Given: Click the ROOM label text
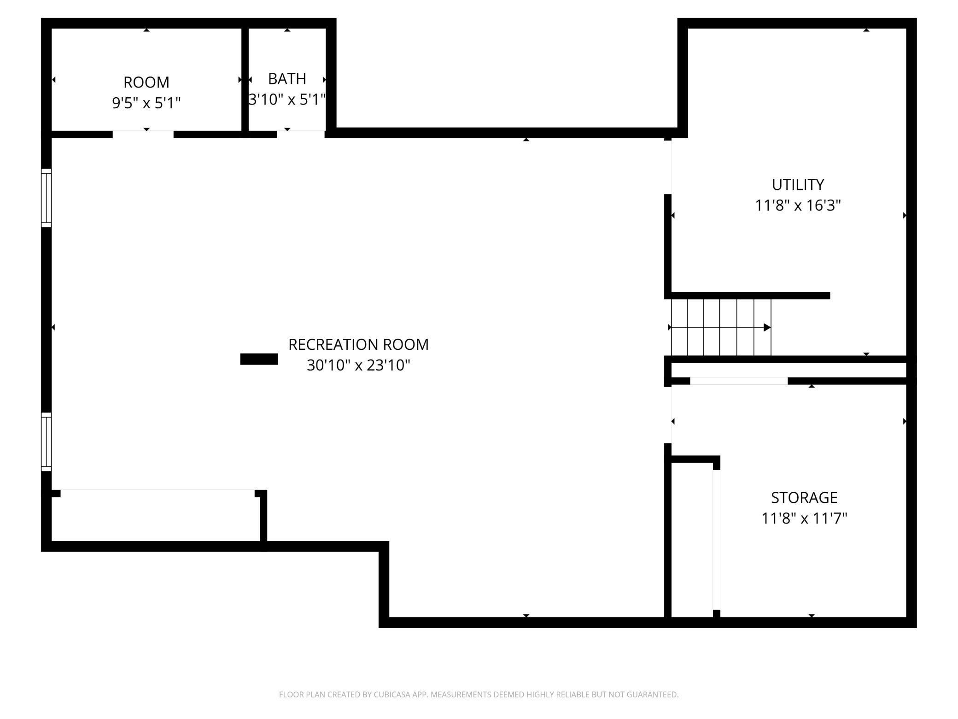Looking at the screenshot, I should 146,83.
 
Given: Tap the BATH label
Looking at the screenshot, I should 287,79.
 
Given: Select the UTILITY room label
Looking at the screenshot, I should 798,185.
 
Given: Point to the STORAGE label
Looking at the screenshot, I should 804,498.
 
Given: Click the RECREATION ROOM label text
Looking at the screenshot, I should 358,345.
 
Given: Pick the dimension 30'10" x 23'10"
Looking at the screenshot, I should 358,365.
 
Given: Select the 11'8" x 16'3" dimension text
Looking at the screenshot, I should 798,206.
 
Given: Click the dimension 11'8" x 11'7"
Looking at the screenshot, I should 804,519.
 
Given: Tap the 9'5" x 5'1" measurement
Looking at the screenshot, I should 146,103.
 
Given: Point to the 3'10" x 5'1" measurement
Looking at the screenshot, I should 287,100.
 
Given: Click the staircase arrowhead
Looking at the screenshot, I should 767,328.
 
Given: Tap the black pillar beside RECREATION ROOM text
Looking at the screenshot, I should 259,359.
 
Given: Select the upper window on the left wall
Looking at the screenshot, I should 46,198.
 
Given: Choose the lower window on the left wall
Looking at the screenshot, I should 46,442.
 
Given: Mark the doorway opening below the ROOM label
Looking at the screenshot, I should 143,134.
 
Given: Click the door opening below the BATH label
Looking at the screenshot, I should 300,134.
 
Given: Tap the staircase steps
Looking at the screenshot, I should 719,328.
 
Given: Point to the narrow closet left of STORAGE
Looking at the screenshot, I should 692,539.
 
